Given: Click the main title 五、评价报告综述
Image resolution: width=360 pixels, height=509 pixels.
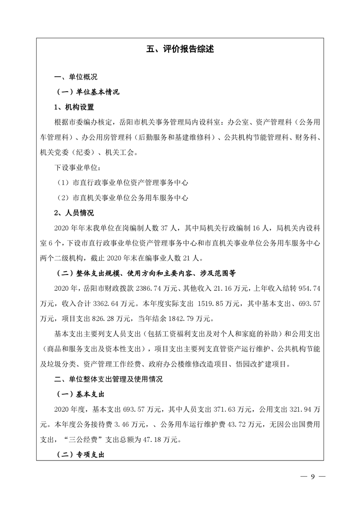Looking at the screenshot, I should (x=180, y=49).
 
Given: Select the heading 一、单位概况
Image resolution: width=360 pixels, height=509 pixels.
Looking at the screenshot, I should (x=76, y=77).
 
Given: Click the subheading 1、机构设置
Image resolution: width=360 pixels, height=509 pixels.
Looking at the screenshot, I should (x=74, y=108).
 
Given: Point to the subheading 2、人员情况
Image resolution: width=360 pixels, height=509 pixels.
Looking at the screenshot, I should (x=74, y=213).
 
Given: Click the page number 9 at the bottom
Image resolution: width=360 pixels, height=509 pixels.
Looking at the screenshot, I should (x=313, y=476).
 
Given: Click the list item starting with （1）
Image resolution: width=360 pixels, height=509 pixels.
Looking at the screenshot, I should (x=120, y=183).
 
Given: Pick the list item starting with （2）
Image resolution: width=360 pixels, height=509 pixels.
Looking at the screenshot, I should (x=120, y=198).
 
